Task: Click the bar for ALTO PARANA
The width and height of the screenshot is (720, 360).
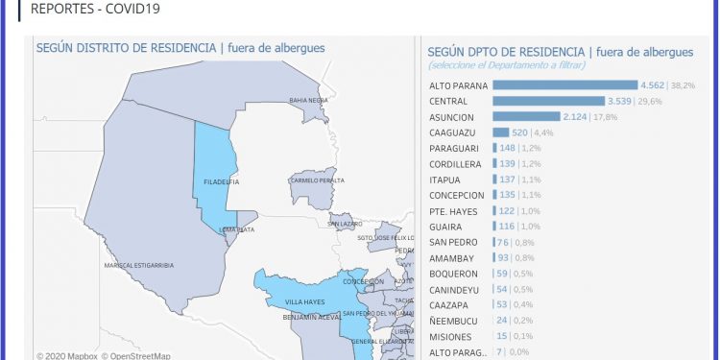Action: pos(564,85)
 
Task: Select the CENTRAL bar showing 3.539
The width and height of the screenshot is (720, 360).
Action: pos(548,101)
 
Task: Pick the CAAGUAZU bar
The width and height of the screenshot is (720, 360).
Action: pos(500,132)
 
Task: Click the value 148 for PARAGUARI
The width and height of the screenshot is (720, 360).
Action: pos(509,148)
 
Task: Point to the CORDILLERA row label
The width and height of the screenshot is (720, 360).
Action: pos(456,164)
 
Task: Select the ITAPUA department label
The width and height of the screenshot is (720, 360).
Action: pos(445,180)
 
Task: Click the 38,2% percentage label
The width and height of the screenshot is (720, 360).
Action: pos(683,85)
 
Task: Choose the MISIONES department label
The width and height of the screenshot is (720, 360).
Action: pos(450,337)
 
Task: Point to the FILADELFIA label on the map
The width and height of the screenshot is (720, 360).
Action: pos(222,181)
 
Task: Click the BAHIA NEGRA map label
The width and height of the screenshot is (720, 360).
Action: pos(309,100)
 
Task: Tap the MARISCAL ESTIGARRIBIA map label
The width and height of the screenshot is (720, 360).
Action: pos(138,265)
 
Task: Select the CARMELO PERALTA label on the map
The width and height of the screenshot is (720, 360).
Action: pos(318,180)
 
